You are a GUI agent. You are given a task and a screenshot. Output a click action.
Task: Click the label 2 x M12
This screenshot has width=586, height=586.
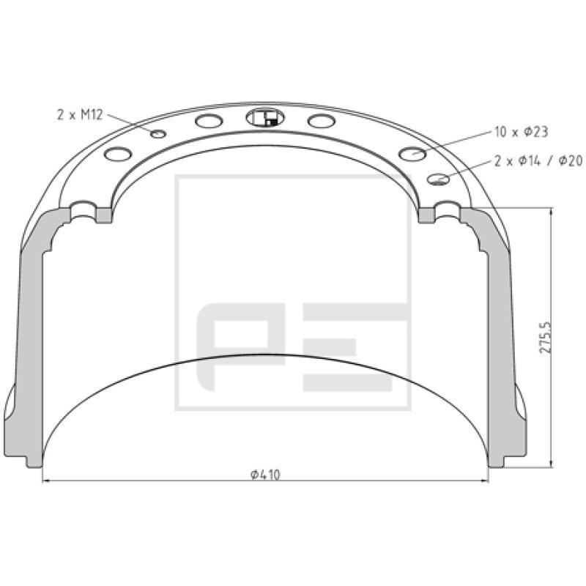click(80, 114)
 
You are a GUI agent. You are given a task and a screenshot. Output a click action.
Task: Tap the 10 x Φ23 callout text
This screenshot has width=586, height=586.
click(521, 132)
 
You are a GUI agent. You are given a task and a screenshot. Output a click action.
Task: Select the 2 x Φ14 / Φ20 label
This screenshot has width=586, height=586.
click(538, 160)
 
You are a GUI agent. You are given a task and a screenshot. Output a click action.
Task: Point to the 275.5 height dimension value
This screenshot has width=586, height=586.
click(546, 337)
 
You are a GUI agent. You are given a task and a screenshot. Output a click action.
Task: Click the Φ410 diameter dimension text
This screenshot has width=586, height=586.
click(265, 475)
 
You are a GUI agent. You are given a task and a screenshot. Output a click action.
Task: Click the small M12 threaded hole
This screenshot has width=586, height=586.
click(158, 133)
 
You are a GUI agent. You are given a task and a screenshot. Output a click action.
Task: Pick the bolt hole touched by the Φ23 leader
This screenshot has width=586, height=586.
click(412, 153)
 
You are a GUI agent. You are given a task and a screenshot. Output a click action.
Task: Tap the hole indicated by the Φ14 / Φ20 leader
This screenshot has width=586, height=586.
click(438, 179)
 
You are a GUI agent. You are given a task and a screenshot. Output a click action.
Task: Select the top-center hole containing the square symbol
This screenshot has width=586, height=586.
click(265, 118)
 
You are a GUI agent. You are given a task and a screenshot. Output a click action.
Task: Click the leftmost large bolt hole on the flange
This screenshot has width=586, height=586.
click(118, 154)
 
